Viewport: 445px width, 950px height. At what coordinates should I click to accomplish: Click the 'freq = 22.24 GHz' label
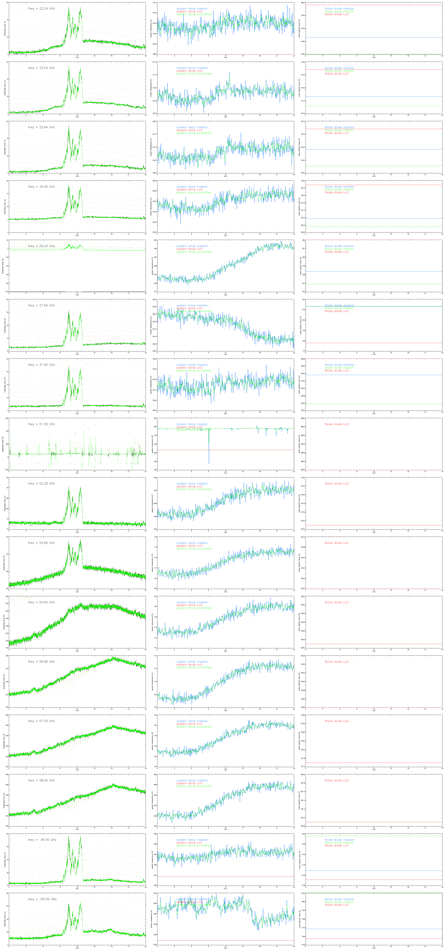pos(41,8)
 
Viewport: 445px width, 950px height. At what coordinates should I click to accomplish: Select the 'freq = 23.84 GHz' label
pos(41,127)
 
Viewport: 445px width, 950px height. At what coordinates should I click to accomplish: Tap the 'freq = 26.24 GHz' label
pos(41,246)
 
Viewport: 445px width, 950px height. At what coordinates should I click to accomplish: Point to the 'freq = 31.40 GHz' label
pos(41,365)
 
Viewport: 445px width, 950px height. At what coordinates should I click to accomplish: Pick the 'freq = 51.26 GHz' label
pos(41,424)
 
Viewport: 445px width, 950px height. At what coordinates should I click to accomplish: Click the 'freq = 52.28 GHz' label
pos(41,483)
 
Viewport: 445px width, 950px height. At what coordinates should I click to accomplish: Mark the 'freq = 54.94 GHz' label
pos(41,602)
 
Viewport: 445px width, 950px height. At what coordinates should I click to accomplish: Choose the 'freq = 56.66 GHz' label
pos(41,662)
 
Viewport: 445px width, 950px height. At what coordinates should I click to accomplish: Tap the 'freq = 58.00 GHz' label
pos(41,780)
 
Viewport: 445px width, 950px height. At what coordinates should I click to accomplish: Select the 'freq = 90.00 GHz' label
pos(42,840)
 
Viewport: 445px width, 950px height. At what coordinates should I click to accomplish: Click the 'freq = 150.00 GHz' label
pos(42,899)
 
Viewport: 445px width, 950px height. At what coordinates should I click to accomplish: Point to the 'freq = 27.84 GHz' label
pos(41,305)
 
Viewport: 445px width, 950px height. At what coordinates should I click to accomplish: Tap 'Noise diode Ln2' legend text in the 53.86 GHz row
pos(336,543)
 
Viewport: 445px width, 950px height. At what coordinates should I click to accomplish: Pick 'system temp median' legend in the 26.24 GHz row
pos(191,246)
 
